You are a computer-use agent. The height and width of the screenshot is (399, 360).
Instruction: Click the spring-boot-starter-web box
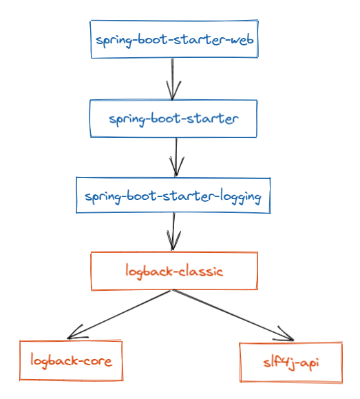(175, 39)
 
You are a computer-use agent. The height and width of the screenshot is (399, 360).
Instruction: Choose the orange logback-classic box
(174, 271)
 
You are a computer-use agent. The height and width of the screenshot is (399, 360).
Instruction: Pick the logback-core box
(71, 360)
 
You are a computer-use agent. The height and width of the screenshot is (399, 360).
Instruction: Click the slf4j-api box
(290, 362)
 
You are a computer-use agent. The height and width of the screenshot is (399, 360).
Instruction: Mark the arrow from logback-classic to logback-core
(120, 314)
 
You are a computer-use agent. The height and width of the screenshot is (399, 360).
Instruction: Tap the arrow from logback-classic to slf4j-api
(231, 314)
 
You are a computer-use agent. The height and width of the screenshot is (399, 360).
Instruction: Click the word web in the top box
(241, 39)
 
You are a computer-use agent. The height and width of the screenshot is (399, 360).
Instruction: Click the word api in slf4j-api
(308, 362)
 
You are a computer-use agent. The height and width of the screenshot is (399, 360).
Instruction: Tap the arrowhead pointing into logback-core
(74, 334)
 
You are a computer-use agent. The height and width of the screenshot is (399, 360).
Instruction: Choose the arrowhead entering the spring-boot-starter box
(172, 93)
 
